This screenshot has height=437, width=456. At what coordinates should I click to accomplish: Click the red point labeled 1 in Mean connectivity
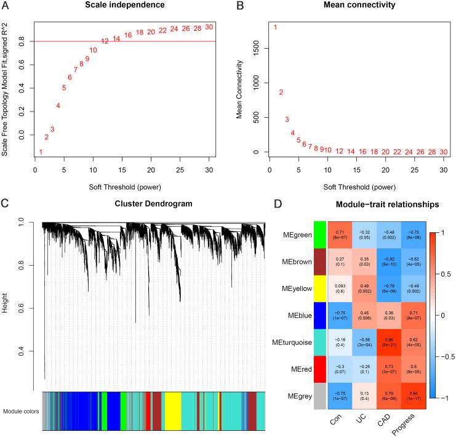pyautogui.click(x=275, y=27)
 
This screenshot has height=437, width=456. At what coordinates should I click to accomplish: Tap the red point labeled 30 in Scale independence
pyautogui.click(x=209, y=27)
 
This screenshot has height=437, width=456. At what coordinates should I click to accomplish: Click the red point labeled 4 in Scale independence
pyautogui.click(x=58, y=105)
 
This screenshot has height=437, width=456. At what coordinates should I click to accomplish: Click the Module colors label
pyautogui.click(x=21, y=410)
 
